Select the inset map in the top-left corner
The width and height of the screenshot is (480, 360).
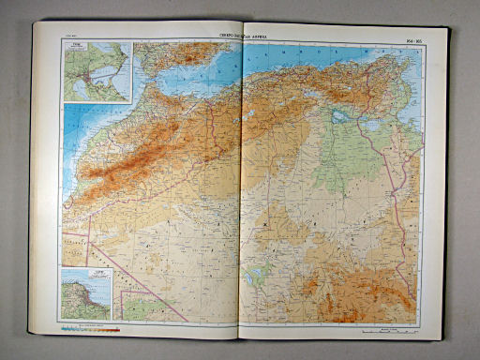[97, 72]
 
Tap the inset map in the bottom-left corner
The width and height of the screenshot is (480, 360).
[87, 293]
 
